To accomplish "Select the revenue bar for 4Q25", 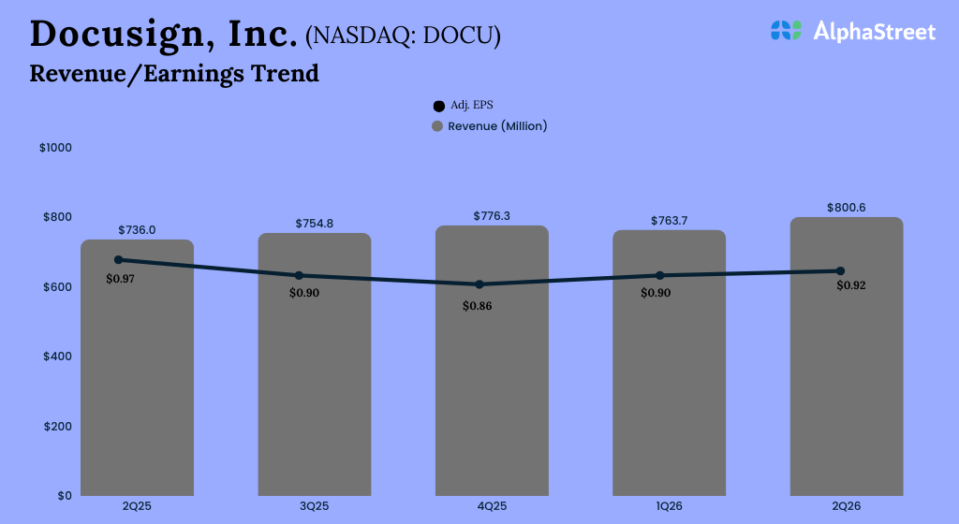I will point(492,393).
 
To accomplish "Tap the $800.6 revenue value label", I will point(846,207).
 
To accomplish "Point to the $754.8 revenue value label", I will point(314,223).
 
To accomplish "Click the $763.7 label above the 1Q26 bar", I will point(669,221).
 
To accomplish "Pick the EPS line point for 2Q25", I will point(118,259).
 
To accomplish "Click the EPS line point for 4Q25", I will point(479,284).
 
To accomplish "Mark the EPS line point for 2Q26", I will point(840,271).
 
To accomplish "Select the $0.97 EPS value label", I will point(120,279).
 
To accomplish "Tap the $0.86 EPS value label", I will point(477,305).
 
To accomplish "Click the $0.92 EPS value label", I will point(850,285).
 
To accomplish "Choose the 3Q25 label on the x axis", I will point(314,506).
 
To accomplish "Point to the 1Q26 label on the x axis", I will point(669,506).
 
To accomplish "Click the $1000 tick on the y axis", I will point(55,148).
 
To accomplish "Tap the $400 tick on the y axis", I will point(57,357).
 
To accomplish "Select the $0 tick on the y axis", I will point(63,496).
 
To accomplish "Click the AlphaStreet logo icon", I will point(786,31).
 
